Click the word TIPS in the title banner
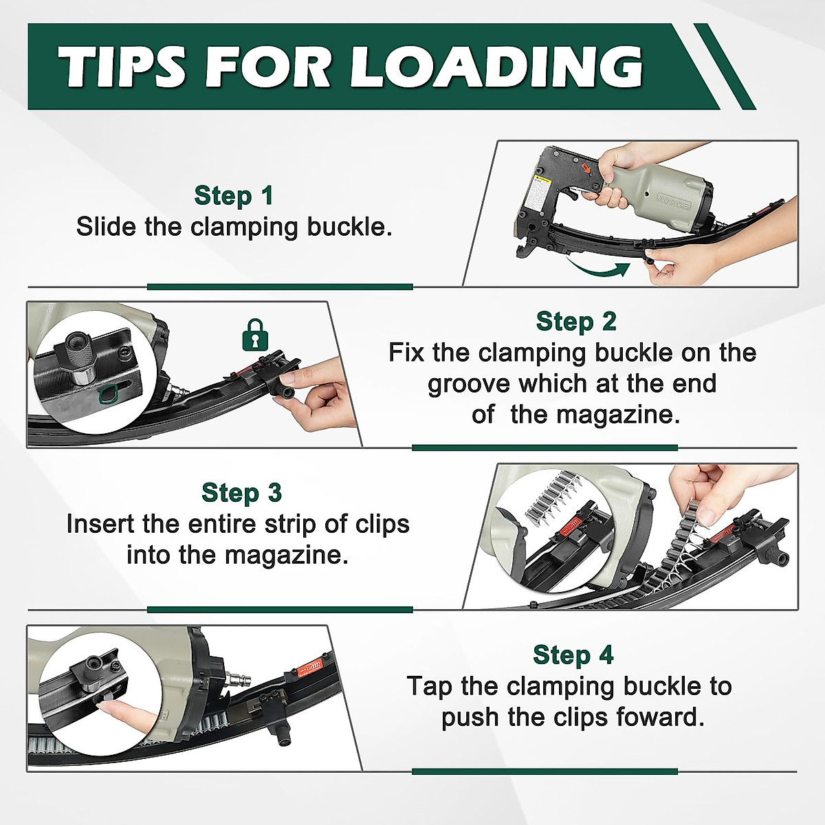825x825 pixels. (x=122, y=67)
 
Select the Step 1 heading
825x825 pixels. (x=234, y=196)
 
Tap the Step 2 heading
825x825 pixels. (x=576, y=322)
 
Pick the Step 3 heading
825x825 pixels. (x=241, y=493)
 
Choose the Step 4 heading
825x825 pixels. (x=573, y=655)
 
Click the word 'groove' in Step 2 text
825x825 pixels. (x=468, y=384)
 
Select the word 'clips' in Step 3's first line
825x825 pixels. (x=382, y=524)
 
